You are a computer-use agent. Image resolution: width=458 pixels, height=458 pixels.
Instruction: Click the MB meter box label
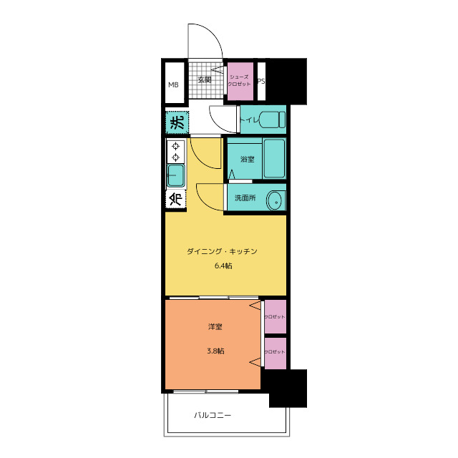(x=173, y=84)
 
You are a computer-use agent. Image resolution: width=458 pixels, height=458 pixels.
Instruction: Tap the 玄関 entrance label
(x=205, y=79)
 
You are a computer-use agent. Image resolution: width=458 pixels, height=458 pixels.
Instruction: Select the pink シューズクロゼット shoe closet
(x=240, y=81)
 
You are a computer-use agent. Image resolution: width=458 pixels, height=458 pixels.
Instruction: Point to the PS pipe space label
(x=261, y=81)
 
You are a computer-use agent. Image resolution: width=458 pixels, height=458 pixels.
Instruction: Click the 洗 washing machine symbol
(x=177, y=122)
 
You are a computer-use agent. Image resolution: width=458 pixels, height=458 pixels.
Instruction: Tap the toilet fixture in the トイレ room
(x=272, y=120)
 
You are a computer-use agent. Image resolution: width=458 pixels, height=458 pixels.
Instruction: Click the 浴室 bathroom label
(x=247, y=159)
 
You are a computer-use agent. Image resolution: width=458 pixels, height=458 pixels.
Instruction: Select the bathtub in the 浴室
(x=274, y=159)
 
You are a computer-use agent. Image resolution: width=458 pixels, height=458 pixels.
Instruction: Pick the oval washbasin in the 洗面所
(x=274, y=200)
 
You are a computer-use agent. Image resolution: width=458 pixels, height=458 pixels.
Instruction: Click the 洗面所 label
(x=245, y=198)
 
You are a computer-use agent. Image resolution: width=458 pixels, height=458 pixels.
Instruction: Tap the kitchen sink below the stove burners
(x=175, y=175)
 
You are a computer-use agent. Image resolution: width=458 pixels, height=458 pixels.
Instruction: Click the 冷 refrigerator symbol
(x=176, y=199)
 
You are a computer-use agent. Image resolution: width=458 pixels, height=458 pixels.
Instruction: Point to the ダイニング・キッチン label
(x=222, y=251)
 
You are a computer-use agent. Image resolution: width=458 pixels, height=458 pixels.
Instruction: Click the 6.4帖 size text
(x=223, y=265)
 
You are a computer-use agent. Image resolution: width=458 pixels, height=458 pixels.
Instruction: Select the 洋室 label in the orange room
(x=215, y=326)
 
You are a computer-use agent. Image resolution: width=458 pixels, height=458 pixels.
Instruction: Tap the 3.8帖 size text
(x=215, y=351)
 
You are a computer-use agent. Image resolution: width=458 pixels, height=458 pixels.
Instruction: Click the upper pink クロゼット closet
(x=275, y=316)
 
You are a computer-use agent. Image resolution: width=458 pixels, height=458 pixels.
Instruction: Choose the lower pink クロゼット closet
(x=275, y=354)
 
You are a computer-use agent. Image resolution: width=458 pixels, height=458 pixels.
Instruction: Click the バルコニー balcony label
(x=213, y=415)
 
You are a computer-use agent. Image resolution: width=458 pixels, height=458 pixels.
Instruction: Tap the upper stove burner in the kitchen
(x=175, y=146)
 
